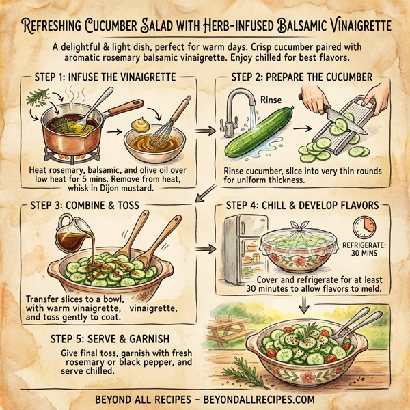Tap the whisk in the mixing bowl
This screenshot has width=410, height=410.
click(x=172, y=120)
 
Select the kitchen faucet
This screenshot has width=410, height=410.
click(x=239, y=106)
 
